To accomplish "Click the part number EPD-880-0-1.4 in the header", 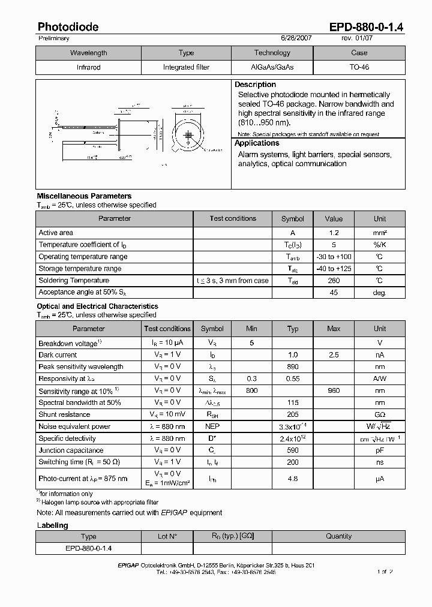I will [367, 27].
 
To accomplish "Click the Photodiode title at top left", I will [68, 27].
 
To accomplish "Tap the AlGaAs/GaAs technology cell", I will [272, 67].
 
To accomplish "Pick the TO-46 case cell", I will [359, 67].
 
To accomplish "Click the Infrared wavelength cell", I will [88, 67].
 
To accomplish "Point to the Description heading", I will [255, 85].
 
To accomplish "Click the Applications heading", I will [257, 143].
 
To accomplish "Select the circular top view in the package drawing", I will [188, 136].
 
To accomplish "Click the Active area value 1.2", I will [334, 233].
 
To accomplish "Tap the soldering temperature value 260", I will [334, 281].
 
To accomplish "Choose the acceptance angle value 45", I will [334, 293].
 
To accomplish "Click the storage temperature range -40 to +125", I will [334, 269].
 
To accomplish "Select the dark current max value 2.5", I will [334, 355].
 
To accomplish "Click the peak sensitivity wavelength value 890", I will [293, 367].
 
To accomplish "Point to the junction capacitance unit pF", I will [380, 450].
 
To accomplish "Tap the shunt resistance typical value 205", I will [293, 414].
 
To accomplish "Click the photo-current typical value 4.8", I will [293, 479].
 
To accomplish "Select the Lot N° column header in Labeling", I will [167, 536].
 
